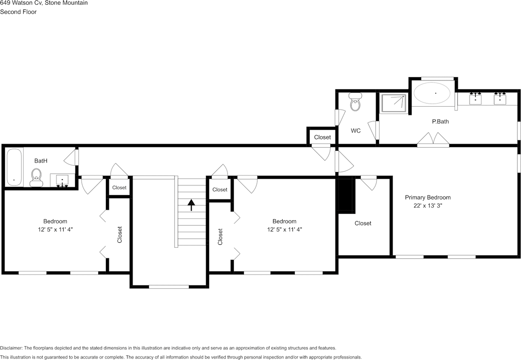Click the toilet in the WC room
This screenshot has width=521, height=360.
tap(355, 103)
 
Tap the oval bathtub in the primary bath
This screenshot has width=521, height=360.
tap(432, 93)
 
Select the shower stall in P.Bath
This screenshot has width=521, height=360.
tap(394, 103)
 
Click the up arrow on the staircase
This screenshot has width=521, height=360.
tap(191, 204)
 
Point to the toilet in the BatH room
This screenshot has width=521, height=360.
tap(36, 178)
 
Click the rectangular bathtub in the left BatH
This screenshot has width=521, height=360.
tap(13, 167)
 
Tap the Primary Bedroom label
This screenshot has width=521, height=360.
tap(427, 197)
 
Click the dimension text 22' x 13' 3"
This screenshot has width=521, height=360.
tap(427, 206)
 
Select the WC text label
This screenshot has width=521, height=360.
tap(355, 131)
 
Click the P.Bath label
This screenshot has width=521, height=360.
tap(440, 121)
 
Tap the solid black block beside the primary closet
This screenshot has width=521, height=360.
tap(347, 195)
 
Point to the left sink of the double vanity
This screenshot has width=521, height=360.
tap(475, 98)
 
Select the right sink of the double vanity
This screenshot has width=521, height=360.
tap(500, 98)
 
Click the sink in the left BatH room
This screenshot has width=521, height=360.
tap(62, 180)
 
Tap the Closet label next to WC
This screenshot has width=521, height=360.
tap(322, 137)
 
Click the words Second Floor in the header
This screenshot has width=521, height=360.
tap(18, 12)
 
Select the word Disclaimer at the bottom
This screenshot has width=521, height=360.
tap(11, 348)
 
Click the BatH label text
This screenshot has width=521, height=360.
tap(41, 161)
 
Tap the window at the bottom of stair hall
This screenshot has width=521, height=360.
tap(169, 287)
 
